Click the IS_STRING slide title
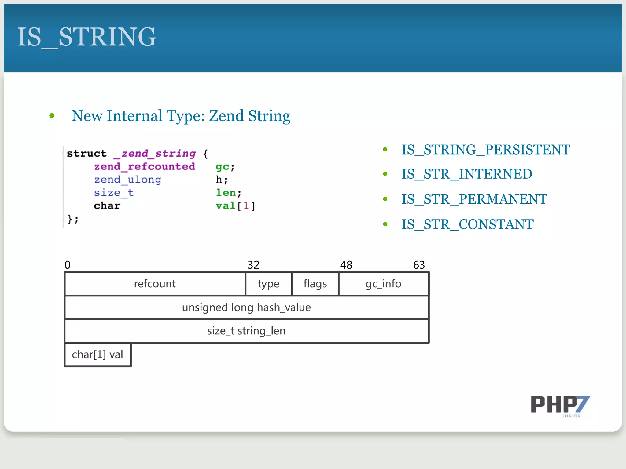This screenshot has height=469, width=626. (x=87, y=37)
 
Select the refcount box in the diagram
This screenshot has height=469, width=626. (x=155, y=284)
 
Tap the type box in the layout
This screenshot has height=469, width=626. (x=268, y=284)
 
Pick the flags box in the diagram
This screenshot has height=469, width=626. (x=315, y=284)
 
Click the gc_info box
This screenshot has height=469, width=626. (x=383, y=284)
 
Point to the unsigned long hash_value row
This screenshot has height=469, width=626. (x=246, y=307)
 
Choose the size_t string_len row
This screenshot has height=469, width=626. (x=246, y=331)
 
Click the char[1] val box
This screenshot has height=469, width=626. (x=98, y=354)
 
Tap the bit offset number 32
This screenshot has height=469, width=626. (x=253, y=265)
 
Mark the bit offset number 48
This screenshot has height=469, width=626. (x=346, y=265)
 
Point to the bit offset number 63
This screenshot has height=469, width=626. (x=419, y=265)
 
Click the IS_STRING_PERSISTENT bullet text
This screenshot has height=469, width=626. (x=485, y=150)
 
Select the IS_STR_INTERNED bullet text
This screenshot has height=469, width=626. (x=466, y=174)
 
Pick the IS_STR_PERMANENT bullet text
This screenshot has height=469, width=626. (x=474, y=199)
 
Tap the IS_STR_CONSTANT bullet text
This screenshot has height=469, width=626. (x=467, y=224)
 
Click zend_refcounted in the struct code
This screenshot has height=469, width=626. (x=144, y=166)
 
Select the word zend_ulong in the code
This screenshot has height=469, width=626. (x=127, y=180)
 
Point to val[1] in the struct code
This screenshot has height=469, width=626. (x=235, y=206)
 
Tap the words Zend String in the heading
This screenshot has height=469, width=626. (x=249, y=116)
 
